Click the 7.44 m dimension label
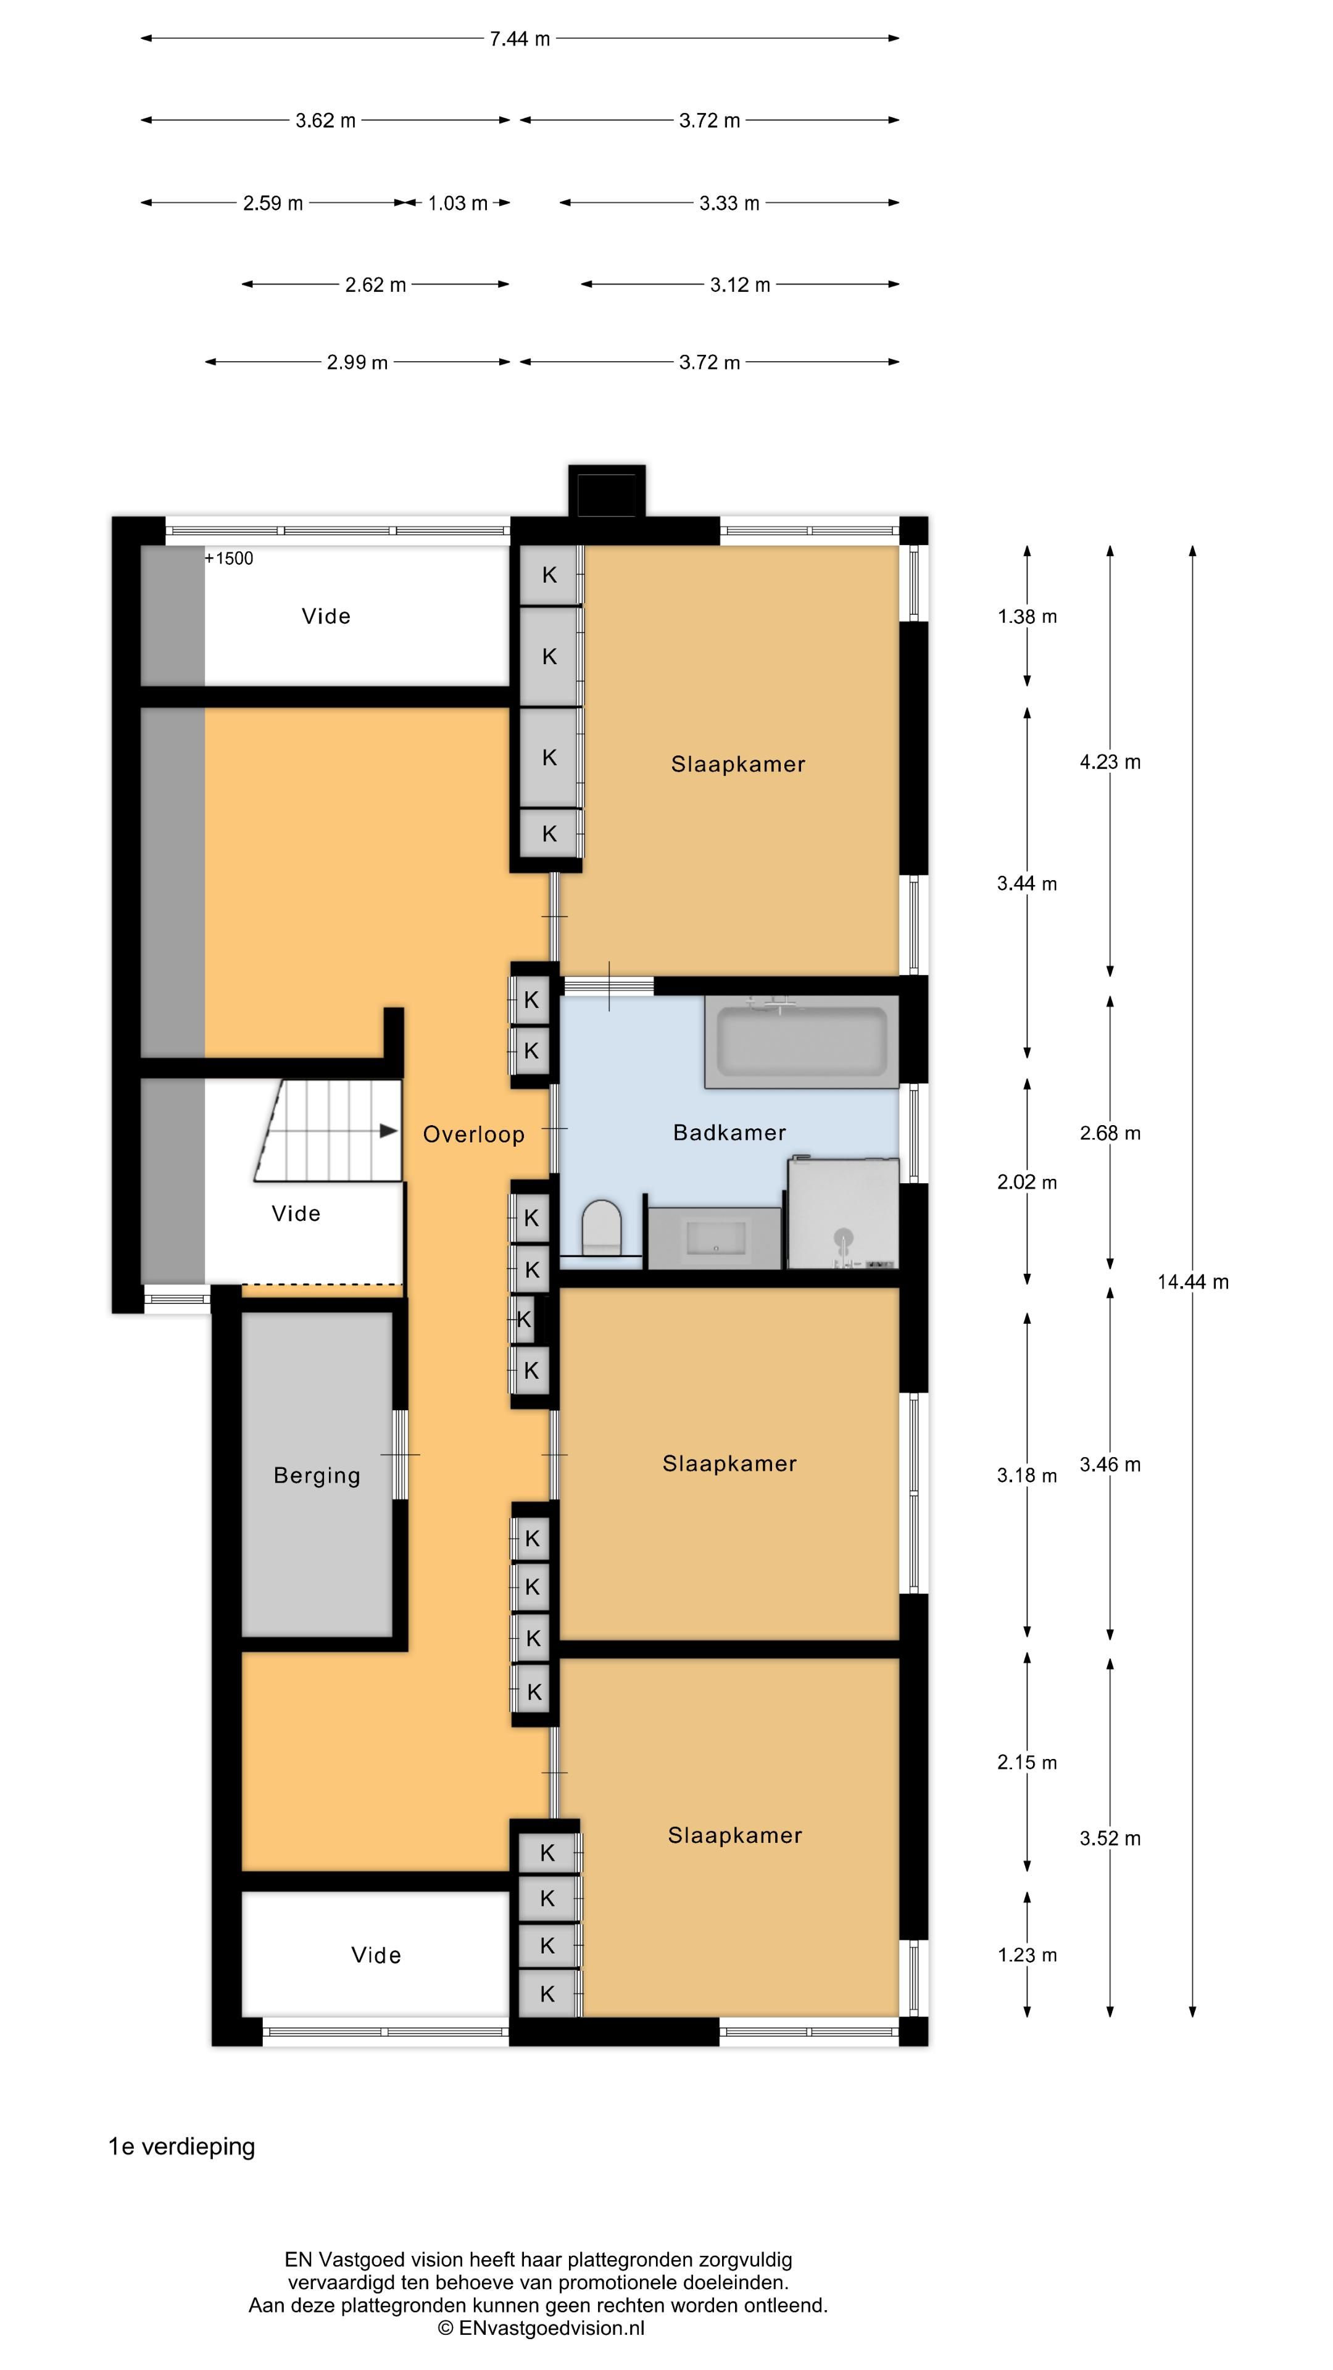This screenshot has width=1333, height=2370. pyautogui.click(x=520, y=39)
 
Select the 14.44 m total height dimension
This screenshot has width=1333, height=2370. pyautogui.click(x=1192, y=1282)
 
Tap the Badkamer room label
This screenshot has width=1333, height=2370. pyautogui.click(x=729, y=1133)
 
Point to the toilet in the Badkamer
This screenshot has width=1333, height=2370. pyautogui.click(x=602, y=1226)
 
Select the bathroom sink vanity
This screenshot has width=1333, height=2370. pyautogui.click(x=715, y=1237)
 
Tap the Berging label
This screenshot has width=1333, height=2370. pyautogui.click(x=317, y=1476)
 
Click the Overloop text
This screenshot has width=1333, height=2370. pyautogui.click(x=474, y=1134)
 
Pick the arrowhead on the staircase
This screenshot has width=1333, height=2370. pyautogui.click(x=389, y=1131)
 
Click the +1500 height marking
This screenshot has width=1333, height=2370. pyautogui.click(x=229, y=559)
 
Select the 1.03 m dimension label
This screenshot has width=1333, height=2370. pyautogui.click(x=457, y=203)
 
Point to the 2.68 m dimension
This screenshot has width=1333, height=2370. pyautogui.click(x=1110, y=1134)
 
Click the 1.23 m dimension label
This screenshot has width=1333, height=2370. pyautogui.click(x=1028, y=1955)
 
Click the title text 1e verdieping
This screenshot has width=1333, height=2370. pyautogui.click(x=182, y=2147)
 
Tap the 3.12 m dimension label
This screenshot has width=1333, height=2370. pyautogui.click(x=740, y=285)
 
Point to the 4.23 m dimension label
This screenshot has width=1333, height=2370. pyautogui.click(x=1110, y=762)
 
